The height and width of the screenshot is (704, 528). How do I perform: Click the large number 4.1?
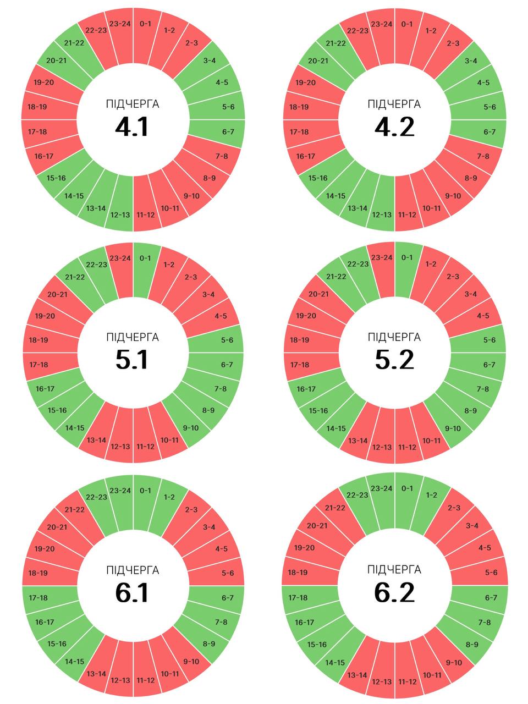click(x=132, y=128)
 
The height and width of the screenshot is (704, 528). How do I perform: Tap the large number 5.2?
click(x=394, y=360)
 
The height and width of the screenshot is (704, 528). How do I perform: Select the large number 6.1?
click(x=132, y=593)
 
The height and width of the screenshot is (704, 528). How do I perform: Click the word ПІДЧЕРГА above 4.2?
click(x=394, y=104)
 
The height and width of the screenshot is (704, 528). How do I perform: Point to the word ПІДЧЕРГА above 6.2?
click(x=394, y=569)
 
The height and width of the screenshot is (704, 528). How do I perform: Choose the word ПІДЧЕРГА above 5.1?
click(x=133, y=337)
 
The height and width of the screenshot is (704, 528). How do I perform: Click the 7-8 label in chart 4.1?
click(x=222, y=156)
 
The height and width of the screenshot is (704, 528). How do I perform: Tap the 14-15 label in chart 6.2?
click(x=335, y=662)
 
